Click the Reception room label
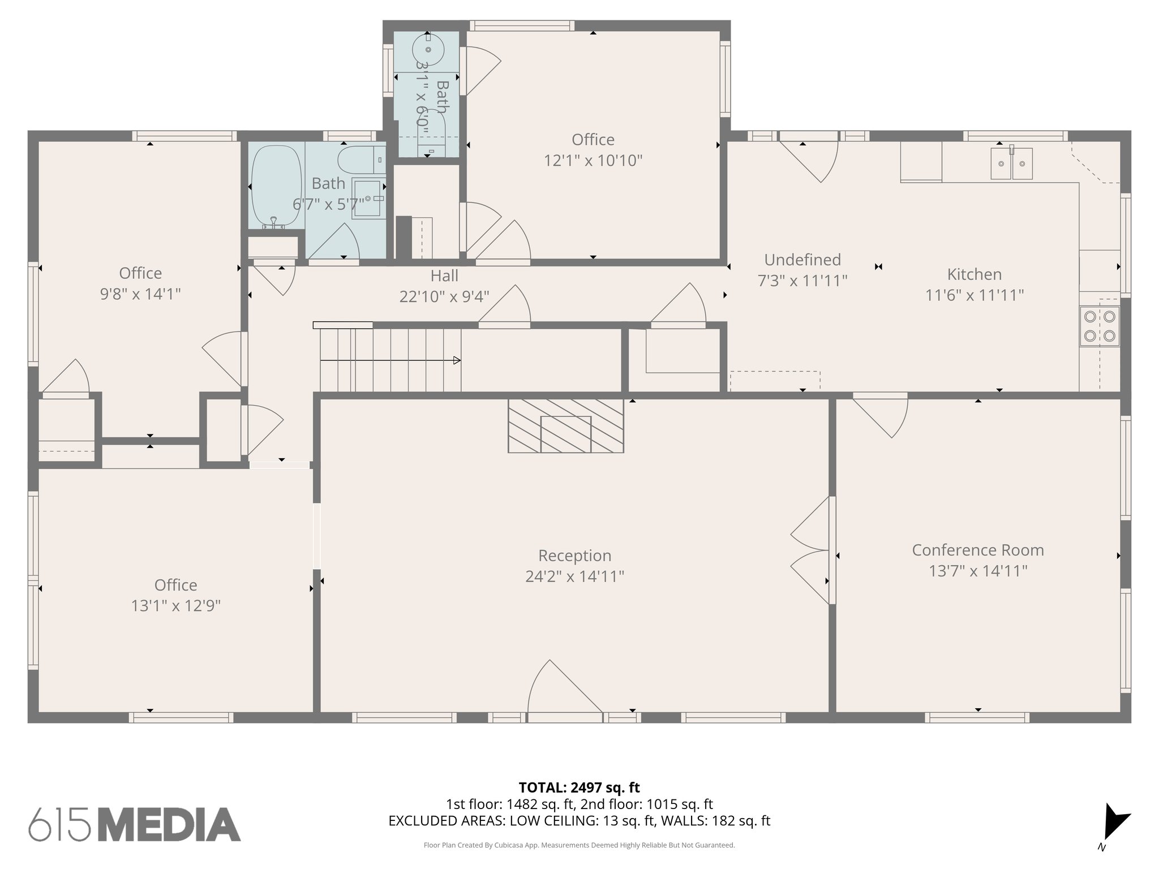pyautogui.click(x=574, y=556)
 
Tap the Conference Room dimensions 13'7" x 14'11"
pyautogui.click(x=977, y=571)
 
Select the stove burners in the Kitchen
pyautogui.click(x=1099, y=326)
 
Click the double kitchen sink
pyautogui.click(x=1011, y=164)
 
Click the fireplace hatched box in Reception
pyautogui.click(x=565, y=426)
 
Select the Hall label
pyautogui.click(x=444, y=276)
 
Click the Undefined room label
pyautogui.click(x=802, y=260)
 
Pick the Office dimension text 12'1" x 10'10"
pyautogui.click(x=593, y=161)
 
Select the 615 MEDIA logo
pyautogui.click(x=135, y=824)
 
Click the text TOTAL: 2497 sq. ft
pyautogui.click(x=579, y=788)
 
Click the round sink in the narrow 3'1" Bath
pyautogui.click(x=428, y=50)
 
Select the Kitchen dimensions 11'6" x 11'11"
pyautogui.click(x=974, y=295)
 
